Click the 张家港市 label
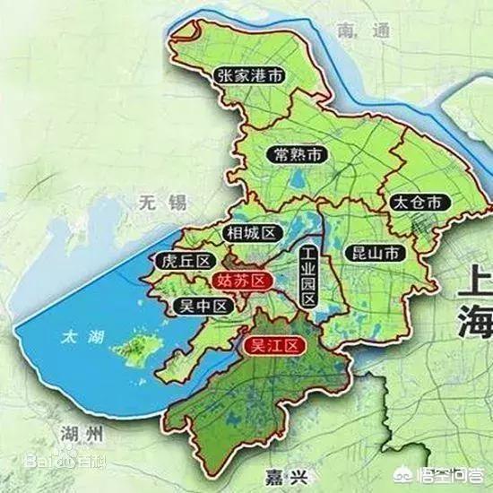[250, 77]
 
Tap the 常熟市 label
[298, 154]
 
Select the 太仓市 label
[417, 202]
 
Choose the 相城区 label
[251, 233]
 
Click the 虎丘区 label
[185, 261]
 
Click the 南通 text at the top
[359, 30]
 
